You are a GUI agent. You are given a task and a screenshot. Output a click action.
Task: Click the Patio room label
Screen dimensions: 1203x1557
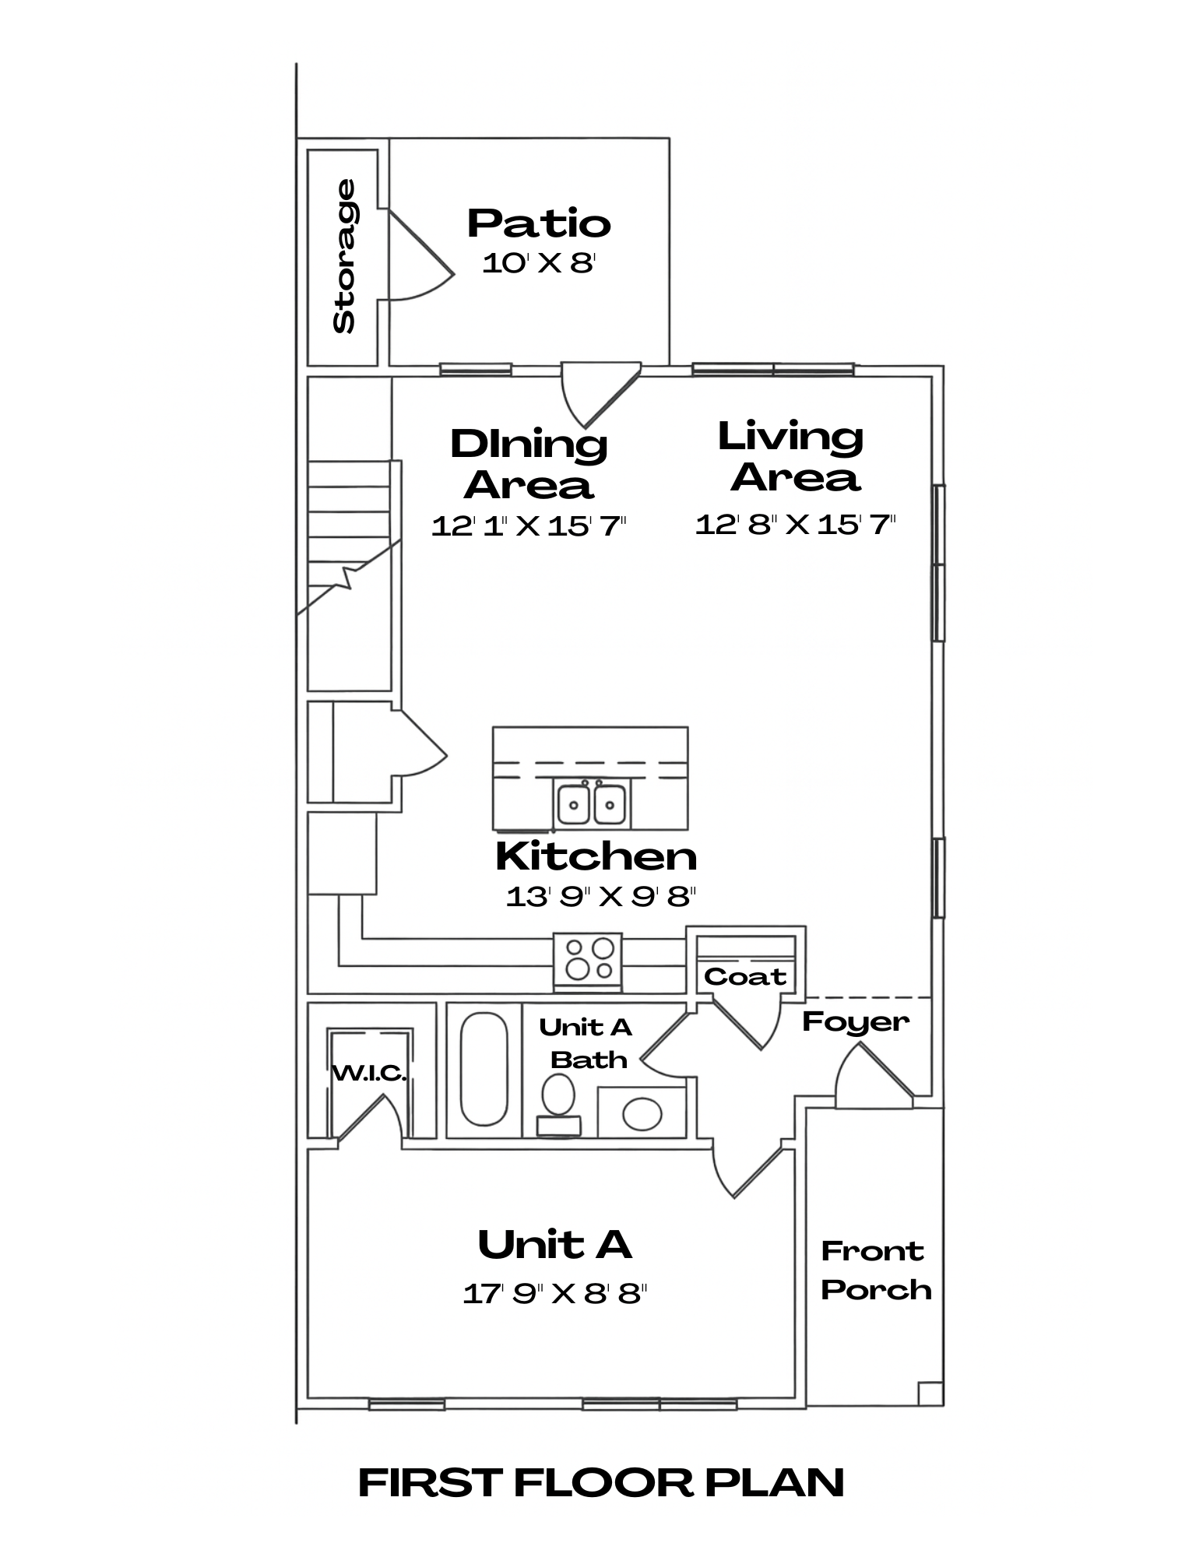tap(539, 223)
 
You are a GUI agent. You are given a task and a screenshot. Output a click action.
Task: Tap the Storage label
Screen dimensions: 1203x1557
tap(344, 256)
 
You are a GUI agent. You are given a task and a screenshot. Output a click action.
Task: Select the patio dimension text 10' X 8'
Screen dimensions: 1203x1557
tap(539, 262)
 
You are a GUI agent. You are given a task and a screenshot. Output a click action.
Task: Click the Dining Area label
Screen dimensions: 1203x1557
tap(529, 464)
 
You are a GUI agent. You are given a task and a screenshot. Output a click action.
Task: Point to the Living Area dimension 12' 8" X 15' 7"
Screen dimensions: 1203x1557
tap(795, 524)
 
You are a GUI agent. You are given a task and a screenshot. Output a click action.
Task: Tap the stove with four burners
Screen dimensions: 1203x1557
tap(588, 962)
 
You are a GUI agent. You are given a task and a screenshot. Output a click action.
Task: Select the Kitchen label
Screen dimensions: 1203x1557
tap(596, 856)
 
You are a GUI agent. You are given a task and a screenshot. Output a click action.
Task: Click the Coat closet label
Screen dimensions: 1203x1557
tap(745, 976)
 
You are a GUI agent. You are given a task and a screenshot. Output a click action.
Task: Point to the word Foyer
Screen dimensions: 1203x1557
tap(856, 1022)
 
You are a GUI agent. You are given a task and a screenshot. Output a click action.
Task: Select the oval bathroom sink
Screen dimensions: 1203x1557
tap(642, 1114)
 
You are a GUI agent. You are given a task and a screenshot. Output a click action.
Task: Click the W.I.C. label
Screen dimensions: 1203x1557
tap(370, 1074)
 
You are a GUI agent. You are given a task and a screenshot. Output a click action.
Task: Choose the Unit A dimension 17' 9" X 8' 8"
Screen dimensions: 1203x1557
tap(555, 1294)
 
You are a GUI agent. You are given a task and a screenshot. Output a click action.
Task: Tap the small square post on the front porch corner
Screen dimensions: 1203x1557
tap(930, 1393)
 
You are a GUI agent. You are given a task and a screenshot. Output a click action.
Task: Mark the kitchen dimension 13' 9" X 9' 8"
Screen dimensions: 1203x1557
tap(600, 897)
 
